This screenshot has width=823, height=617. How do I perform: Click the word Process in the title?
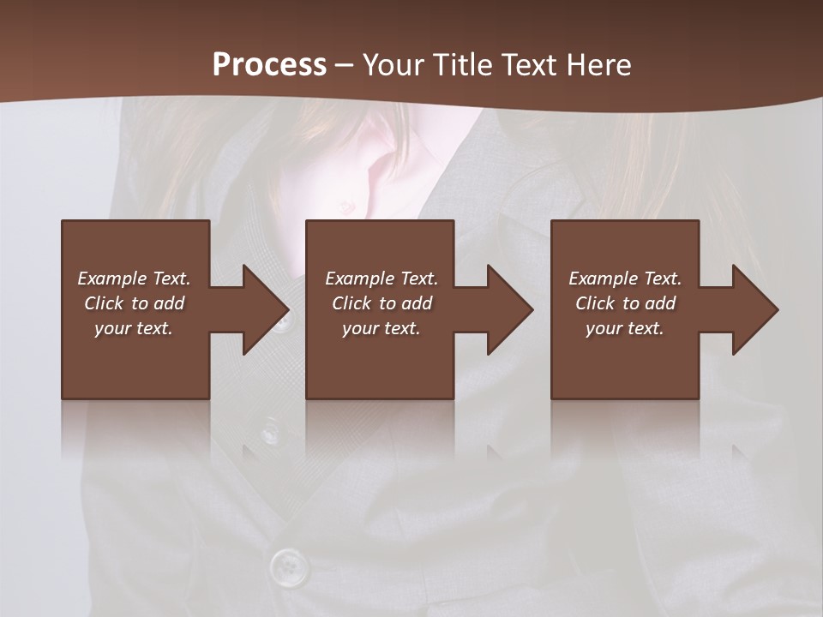point(269,64)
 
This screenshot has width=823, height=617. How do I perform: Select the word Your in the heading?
point(391,64)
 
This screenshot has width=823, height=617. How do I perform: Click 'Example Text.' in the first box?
point(134,279)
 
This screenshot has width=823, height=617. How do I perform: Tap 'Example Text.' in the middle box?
point(381,279)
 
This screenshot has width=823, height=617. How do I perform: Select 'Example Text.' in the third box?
point(625,279)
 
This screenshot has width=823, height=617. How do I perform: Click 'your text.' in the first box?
point(134,328)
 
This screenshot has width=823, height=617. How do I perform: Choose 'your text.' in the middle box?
point(381,328)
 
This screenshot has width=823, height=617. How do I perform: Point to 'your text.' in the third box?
point(625,328)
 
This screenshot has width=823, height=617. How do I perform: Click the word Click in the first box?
point(104,303)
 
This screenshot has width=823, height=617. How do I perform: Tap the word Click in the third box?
point(596,303)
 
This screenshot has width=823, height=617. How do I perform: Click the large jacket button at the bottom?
point(288,566)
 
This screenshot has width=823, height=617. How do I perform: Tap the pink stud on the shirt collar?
point(346,205)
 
